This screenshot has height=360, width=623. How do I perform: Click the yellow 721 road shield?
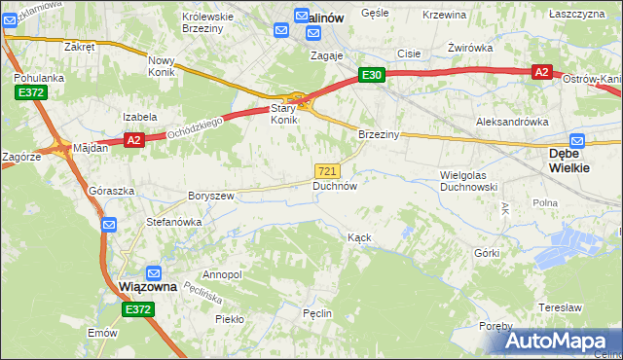click(x=328, y=170)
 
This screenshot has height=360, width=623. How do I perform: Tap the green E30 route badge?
click(x=372, y=75)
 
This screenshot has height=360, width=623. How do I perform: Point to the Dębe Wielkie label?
click(x=577, y=161)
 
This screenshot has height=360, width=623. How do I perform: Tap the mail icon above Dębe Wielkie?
click(x=577, y=140)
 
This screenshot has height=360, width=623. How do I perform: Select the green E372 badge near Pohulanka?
click(x=29, y=91)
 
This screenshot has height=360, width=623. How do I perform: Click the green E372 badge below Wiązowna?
click(x=138, y=309)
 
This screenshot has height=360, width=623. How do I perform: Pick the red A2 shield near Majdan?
click(x=133, y=140)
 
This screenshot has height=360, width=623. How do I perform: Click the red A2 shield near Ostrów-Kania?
click(x=542, y=72)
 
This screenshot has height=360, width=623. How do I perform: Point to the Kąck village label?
click(x=359, y=236)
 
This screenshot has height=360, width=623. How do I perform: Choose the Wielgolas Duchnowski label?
click(x=469, y=180)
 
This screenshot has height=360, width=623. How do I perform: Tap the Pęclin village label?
click(x=317, y=313)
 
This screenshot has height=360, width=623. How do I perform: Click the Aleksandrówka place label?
click(x=511, y=122)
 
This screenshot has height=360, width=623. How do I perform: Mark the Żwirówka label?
click(x=467, y=47)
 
